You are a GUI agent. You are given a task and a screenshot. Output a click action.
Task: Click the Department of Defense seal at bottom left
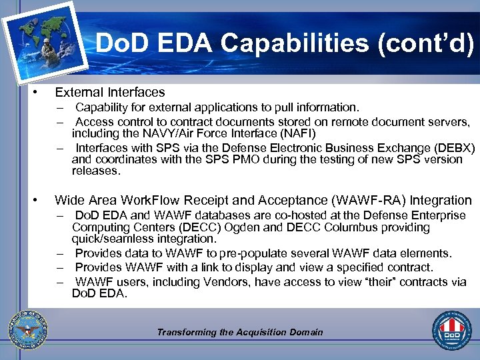point(26,329)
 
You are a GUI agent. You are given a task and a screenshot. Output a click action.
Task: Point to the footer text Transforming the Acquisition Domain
point(239,332)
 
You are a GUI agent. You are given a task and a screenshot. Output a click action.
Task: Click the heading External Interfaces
point(110,92)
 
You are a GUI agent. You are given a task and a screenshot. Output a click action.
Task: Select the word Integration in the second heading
point(441,200)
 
